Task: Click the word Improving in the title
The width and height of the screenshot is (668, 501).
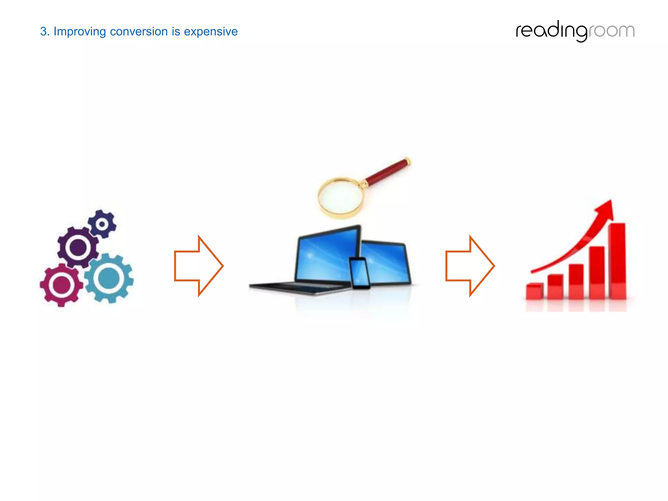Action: pyautogui.click(x=80, y=32)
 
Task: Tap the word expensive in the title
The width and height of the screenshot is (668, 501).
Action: pyautogui.click(x=211, y=32)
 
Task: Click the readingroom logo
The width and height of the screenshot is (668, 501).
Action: pyautogui.click(x=575, y=31)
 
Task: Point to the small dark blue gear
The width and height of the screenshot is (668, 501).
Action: pyautogui.click(x=102, y=224)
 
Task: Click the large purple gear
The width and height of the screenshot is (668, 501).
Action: pyautogui.click(x=78, y=247)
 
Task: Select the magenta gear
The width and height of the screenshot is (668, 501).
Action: pyautogui.click(x=61, y=285)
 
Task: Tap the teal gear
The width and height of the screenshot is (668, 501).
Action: pyautogui.click(x=109, y=278)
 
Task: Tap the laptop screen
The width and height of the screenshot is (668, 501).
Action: pyautogui.click(x=326, y=256)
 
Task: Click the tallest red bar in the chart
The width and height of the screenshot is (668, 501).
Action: pyautogui.click(x=617, y=261)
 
